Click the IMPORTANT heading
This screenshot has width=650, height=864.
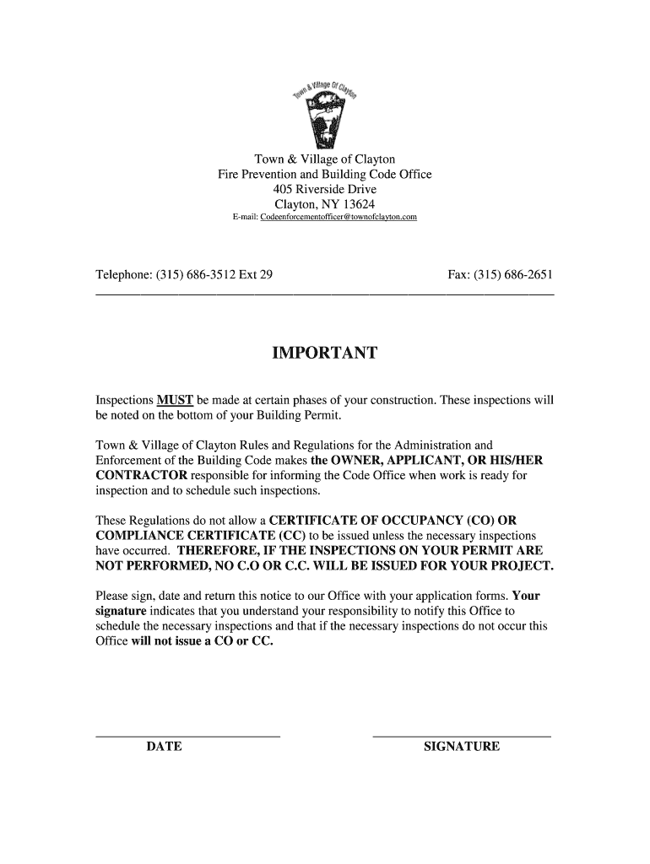pos(325,354)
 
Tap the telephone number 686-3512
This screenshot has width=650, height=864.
pos(209,275)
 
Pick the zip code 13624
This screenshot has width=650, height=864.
pos(356,204)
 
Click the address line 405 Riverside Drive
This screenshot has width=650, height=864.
pos(325,189)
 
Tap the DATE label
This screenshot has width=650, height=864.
pos(164,747)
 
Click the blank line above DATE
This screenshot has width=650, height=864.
pos(187,737)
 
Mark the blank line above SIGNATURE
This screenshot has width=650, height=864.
pos(462,737)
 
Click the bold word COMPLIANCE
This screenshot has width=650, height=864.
pos(138,535)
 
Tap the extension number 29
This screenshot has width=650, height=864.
pos(266,275)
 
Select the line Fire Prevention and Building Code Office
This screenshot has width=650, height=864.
pos(325,174)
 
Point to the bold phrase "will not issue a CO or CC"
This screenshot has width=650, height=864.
pos(203,641)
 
